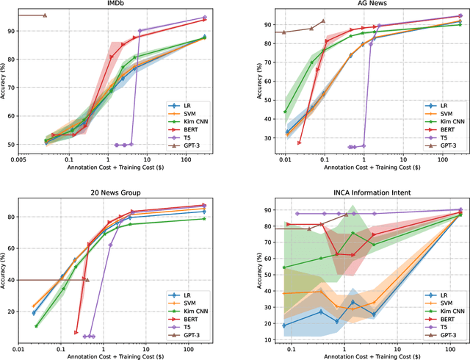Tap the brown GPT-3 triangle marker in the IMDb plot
tap(45, 15)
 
